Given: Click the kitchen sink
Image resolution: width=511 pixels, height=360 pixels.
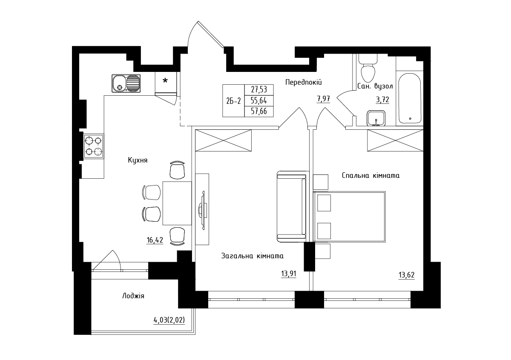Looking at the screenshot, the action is pyautogui.click(x=126, y=83).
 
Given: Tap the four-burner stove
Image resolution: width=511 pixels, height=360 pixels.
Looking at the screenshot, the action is pyautogui.click(x=94, y=146).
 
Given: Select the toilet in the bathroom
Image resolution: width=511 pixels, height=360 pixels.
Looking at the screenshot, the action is pyautogui.click(x=368, y=68).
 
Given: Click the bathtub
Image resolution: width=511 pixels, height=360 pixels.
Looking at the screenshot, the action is pyautogui.click(x=410, y=98).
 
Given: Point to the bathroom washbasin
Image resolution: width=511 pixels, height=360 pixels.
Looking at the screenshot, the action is pyautogui.click(x=376, y=118).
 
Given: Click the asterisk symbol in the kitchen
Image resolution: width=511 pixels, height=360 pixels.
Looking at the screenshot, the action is pyautogui.click(x=165, y=80).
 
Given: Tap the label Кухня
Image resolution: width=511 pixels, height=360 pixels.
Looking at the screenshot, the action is pyautogui.click(x=138, y=160).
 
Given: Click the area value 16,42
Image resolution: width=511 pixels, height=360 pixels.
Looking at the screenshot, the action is pyautogui.click(x=155, y=240).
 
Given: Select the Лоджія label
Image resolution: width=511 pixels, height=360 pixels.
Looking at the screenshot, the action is pyautogui.click(x=133, y=296).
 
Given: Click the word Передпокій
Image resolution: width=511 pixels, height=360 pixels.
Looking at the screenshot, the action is pyautogui.click(x=303, y=82).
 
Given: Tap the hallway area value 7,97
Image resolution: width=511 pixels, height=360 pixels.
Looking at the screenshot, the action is pyautogui.click(x=323, y=99).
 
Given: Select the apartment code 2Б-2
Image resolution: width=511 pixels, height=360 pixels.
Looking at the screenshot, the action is pyautogui.click(x=233, y=101).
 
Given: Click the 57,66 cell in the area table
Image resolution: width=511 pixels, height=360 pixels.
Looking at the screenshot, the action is pyautogui.click(x=259, y=111).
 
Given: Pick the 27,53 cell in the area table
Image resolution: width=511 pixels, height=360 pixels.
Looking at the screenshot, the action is pyautogui.click(x=259, y=90).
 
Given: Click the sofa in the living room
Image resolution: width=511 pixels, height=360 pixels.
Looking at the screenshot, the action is pyautogui.click(x=292, y=206).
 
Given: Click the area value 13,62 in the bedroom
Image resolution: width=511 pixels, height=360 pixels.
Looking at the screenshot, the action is pyautogui.click(x=407, y=275).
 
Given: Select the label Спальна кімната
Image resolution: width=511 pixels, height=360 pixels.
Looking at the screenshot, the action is pyautogui.click(x=371, y=176).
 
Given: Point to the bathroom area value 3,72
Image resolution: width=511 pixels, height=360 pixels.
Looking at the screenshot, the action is pyautogui.click(x=382, y=100).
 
